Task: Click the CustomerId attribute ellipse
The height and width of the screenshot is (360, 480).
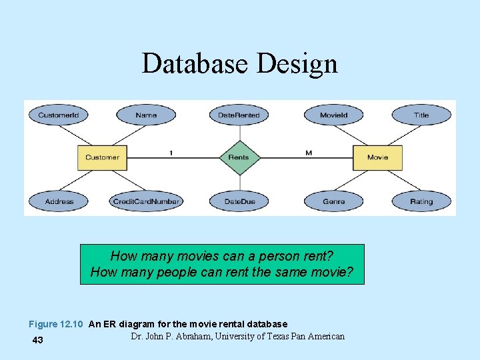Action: pos(58,115)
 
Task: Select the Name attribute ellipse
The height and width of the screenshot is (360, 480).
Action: pos(146,115)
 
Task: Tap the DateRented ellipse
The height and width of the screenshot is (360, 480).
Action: pos(239,115)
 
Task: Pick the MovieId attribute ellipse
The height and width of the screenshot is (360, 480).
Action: pos(333,115)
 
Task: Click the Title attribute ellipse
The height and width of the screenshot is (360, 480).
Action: pos(421,115)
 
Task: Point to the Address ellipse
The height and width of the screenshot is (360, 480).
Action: pos(59,201)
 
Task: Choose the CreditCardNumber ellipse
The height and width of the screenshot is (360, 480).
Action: pos(146,201)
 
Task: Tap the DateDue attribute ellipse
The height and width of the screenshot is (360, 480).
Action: pos(239,201)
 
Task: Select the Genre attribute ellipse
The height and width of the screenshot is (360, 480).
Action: pos(333,201)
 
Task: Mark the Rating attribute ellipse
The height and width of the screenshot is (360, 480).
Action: pos(421,201)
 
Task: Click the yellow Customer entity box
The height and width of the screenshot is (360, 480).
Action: pos(102,157)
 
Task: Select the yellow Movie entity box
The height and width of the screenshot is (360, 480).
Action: pos(377,157)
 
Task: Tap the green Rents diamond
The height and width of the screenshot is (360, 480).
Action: pos(239,157)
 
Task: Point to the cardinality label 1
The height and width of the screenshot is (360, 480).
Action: pos(171,153)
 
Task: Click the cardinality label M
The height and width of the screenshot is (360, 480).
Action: pos(309,153)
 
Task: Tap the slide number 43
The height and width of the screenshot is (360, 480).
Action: pos(38,341)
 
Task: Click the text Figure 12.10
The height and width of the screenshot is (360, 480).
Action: pos(55,325)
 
